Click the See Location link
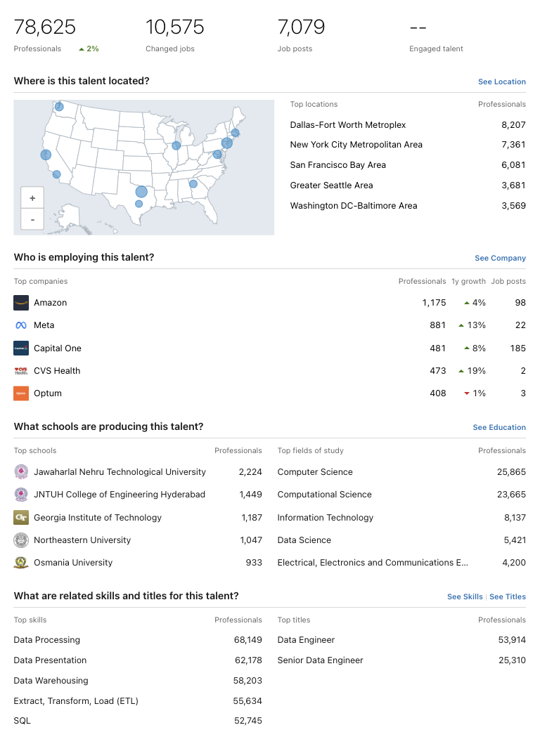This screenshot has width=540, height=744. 501,82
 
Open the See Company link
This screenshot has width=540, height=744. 500,259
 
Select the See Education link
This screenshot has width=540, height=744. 499,428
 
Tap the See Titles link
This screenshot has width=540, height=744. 508,597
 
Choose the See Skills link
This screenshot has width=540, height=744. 465,597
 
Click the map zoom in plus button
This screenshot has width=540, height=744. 32,198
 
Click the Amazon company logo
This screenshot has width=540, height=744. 21,303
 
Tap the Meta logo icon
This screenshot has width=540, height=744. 21,325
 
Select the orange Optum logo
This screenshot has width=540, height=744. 21,393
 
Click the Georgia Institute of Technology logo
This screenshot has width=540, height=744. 21,518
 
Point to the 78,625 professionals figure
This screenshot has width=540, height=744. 45,27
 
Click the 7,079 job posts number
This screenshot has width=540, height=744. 301,27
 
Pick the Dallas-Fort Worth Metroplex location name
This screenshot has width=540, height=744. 348,125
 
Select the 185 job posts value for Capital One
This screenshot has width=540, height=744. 518,348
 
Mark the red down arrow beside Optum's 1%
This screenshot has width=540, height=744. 466,393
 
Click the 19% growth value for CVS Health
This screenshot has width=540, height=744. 477,371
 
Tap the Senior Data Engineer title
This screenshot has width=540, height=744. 320,660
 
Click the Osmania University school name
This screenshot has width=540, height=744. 73,563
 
